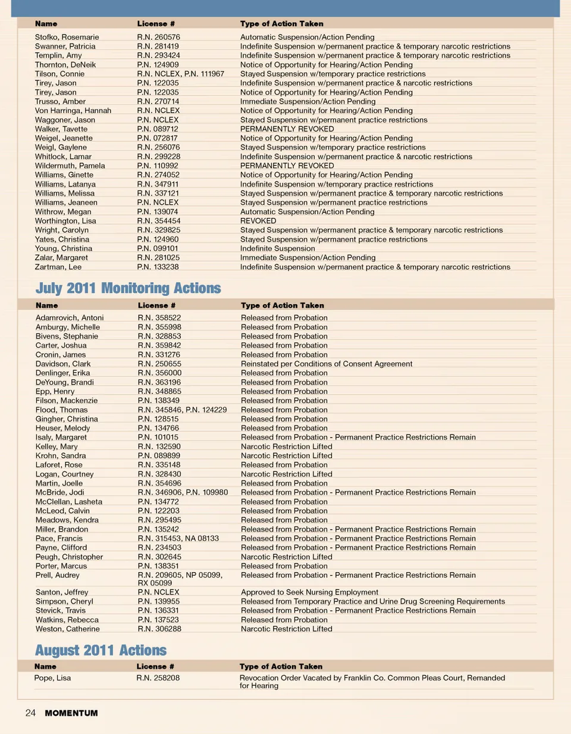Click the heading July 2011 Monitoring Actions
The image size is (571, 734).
pyautogui.click(x=128, y=289)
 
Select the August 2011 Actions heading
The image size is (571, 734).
pyautogui.click(x=101, y=651)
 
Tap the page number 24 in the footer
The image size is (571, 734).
pyautogui.click(x=30, y=713)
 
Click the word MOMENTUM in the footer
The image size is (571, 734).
pyautogui.click(x=71, y=713)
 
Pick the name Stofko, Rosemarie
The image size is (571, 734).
pyautogui.click(x=67, y=37)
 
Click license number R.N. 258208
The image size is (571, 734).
pyautogui.click(x=158, y=678)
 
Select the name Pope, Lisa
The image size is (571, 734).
pyautogui.click(x=52, y=678)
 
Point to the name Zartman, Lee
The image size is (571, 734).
pyautogui.click(x=58, y=267)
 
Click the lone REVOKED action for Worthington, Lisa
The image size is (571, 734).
pyautogui.click(x=258, y=221)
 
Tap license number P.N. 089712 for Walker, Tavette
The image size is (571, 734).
pyautogui.click(x=158, y=129)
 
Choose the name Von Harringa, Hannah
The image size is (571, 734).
pyautogui.click(x=73, y=111)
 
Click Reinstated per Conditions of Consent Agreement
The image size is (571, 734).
pyautogui.click(x=327, y=364)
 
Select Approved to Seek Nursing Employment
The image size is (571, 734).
pyautogui.click(x=309, y=592)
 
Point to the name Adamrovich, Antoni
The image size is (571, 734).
pyautogui.click(x=70, y=318)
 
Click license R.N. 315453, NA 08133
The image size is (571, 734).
pyautogui.click(x=178, y=538)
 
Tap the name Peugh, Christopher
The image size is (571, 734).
pyautogui.click(x=69, y=557)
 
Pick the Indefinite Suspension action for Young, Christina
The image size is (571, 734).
pyautogui.click(x=278, y=249)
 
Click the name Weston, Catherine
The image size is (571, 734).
pyautogui.click(x=67, y=629)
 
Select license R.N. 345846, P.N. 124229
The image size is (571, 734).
pyautogui.click(x=182, y=410)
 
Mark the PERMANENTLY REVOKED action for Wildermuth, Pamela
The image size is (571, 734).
pyautogui.click(x=287, y=166)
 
